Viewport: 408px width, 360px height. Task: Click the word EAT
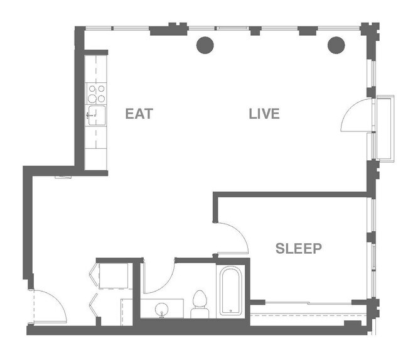pos(139,114)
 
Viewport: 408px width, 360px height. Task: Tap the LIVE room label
pos(264,114)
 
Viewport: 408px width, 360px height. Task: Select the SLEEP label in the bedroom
pos(299,249)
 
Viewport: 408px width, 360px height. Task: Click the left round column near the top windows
pos(205,45)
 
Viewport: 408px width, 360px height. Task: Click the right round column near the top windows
pos(337,45)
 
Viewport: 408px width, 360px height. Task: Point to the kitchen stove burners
pos(97,94)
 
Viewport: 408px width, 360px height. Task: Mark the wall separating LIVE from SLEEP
pos(292,195)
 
